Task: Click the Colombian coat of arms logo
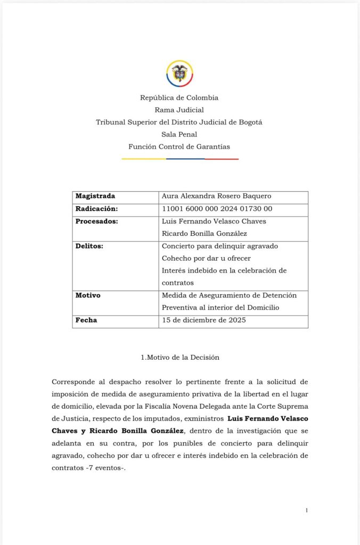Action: click(179, 73)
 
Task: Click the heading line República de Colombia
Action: click(179, 97)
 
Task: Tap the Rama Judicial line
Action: click(179, 110)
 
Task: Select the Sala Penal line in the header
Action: click(179, 134)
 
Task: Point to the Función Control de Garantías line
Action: click(179, 146)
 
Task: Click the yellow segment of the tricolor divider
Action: click(143, 159)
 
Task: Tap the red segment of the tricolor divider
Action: click(221, 159)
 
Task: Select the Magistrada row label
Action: click(95, 196)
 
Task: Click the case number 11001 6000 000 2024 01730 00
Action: click(217, 209)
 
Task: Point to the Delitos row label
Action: click(89, 246)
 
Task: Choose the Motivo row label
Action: click(88, 295)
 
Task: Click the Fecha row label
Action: click(86, 320)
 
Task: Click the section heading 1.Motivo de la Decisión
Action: click(180, 357)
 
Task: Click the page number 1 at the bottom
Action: click(307, 510)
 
